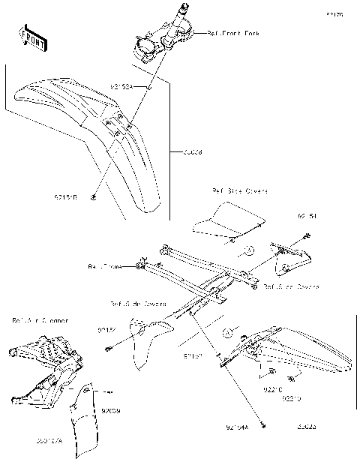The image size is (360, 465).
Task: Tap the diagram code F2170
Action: pos(334,14)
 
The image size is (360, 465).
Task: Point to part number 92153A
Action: pos(121,87)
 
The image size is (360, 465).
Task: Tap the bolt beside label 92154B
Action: pos(91,198)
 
